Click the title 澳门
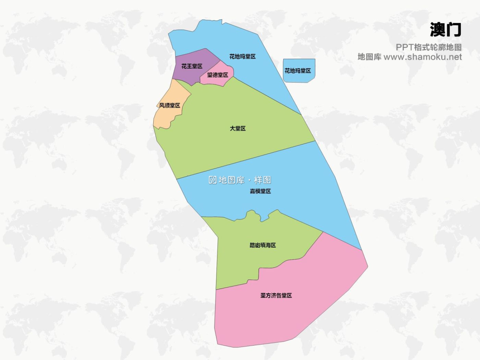click(x=445, y=30)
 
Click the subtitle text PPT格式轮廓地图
click(x=428, y=47)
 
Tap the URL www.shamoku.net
click(x=422, y=57)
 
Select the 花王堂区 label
click(x=192, y=66)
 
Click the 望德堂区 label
click(x=218, y=75)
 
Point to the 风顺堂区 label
click(x=170, y=106)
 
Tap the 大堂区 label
click(x=237, y=128)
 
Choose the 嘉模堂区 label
click(x=260, y=191)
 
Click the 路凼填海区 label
click(x=262, y=245)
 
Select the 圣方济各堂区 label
click(x=276, y=295)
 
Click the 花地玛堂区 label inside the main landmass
click(x=242, y=57)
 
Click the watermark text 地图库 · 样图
click(x=245, y=180)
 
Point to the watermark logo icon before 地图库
click(x=212, y=180)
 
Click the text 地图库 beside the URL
click(x=369, y=57)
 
